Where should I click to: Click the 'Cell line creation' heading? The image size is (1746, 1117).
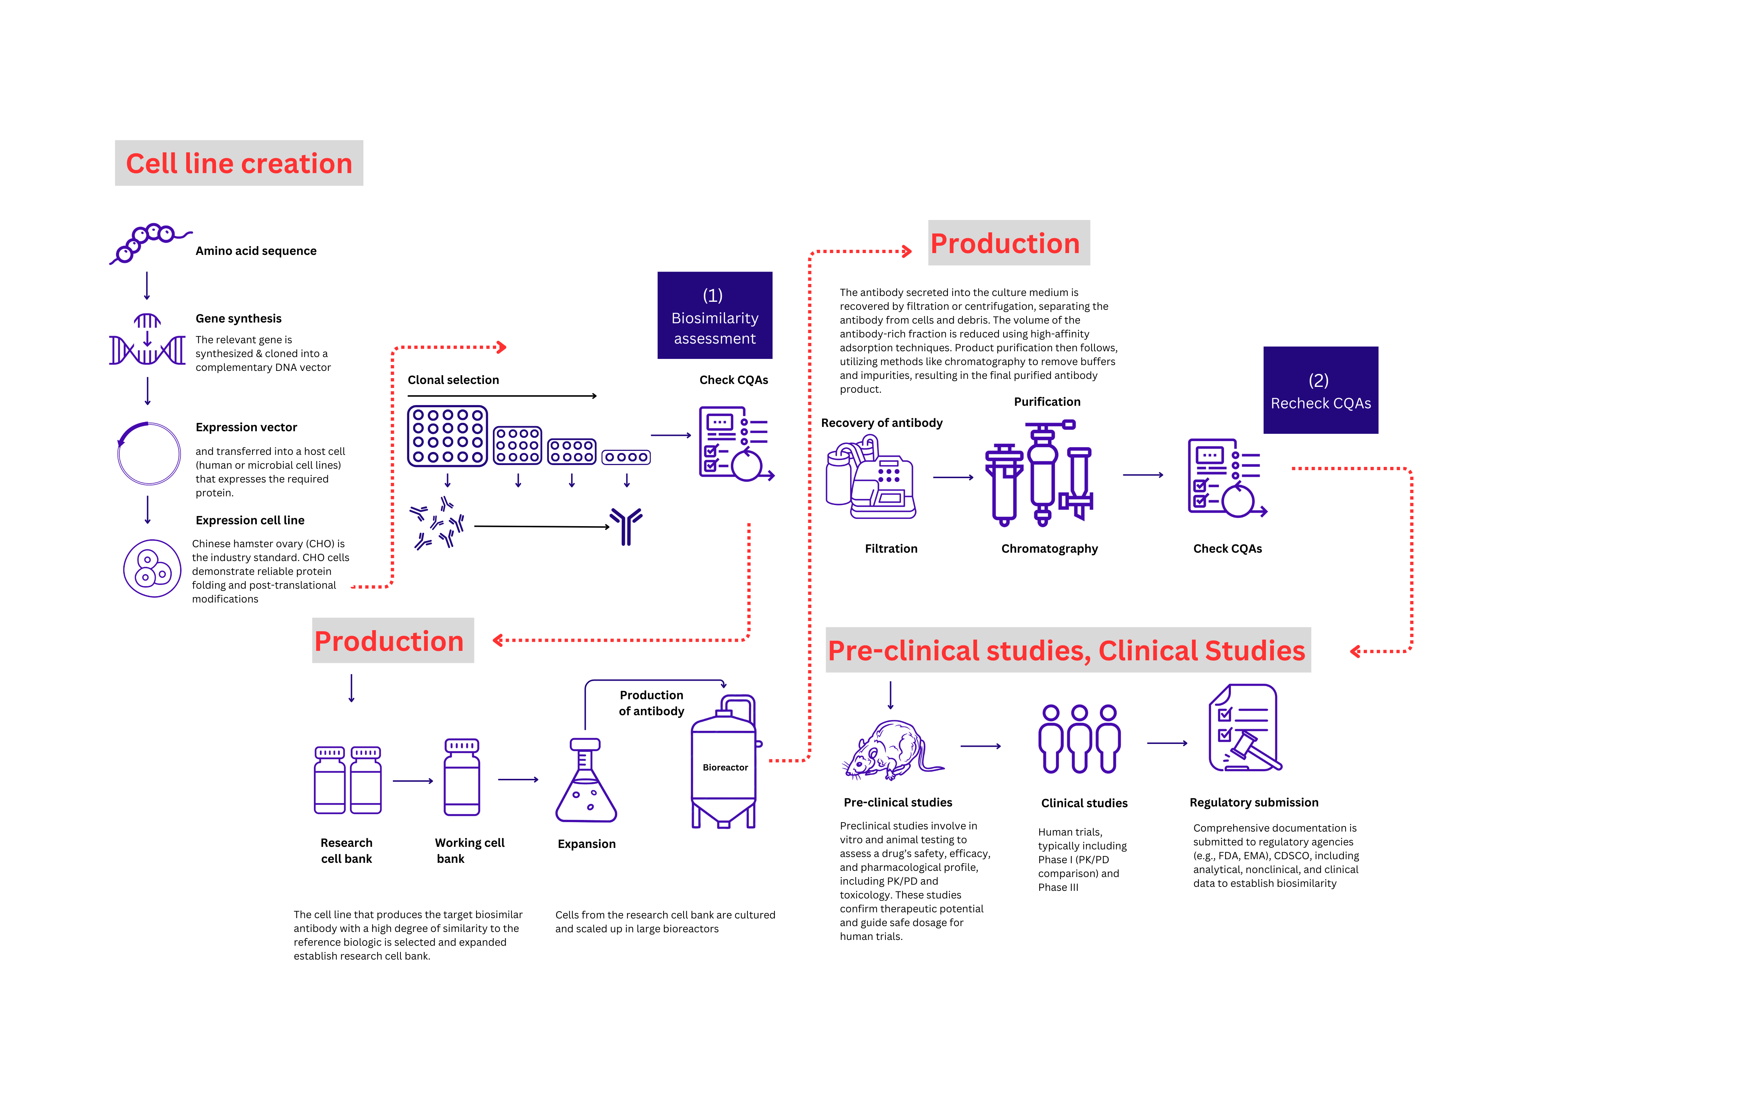point(239,163)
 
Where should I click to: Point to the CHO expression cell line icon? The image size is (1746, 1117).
point(152,568)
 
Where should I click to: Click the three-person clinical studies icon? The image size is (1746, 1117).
point(1079,738)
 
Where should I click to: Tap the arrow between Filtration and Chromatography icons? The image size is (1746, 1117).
point(952,477)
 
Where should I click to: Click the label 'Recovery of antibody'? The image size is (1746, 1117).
point(881,423)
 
